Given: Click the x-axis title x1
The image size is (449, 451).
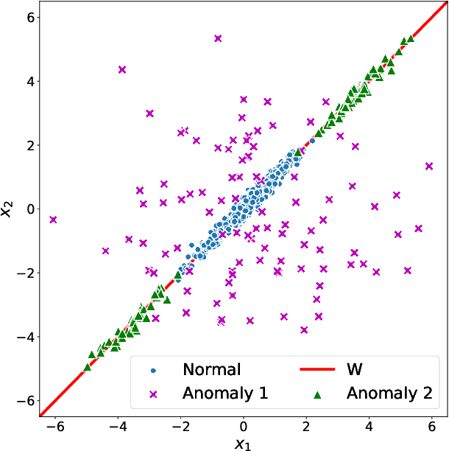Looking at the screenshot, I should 243,442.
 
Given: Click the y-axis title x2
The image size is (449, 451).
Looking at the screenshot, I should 7,209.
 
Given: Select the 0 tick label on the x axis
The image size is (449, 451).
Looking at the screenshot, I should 244,426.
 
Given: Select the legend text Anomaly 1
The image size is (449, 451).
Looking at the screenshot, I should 225,394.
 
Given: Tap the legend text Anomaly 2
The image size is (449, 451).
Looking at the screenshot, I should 389,394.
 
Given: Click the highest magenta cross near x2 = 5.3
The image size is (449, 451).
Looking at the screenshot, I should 218,38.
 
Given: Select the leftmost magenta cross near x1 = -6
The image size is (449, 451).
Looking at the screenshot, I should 53,220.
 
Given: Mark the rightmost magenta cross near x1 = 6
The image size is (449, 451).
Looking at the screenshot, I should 429,166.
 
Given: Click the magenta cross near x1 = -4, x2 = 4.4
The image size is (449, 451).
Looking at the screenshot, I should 122,69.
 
